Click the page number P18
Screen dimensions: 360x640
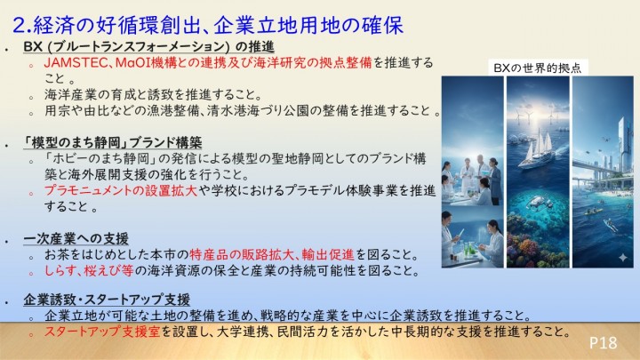(604, 342)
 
